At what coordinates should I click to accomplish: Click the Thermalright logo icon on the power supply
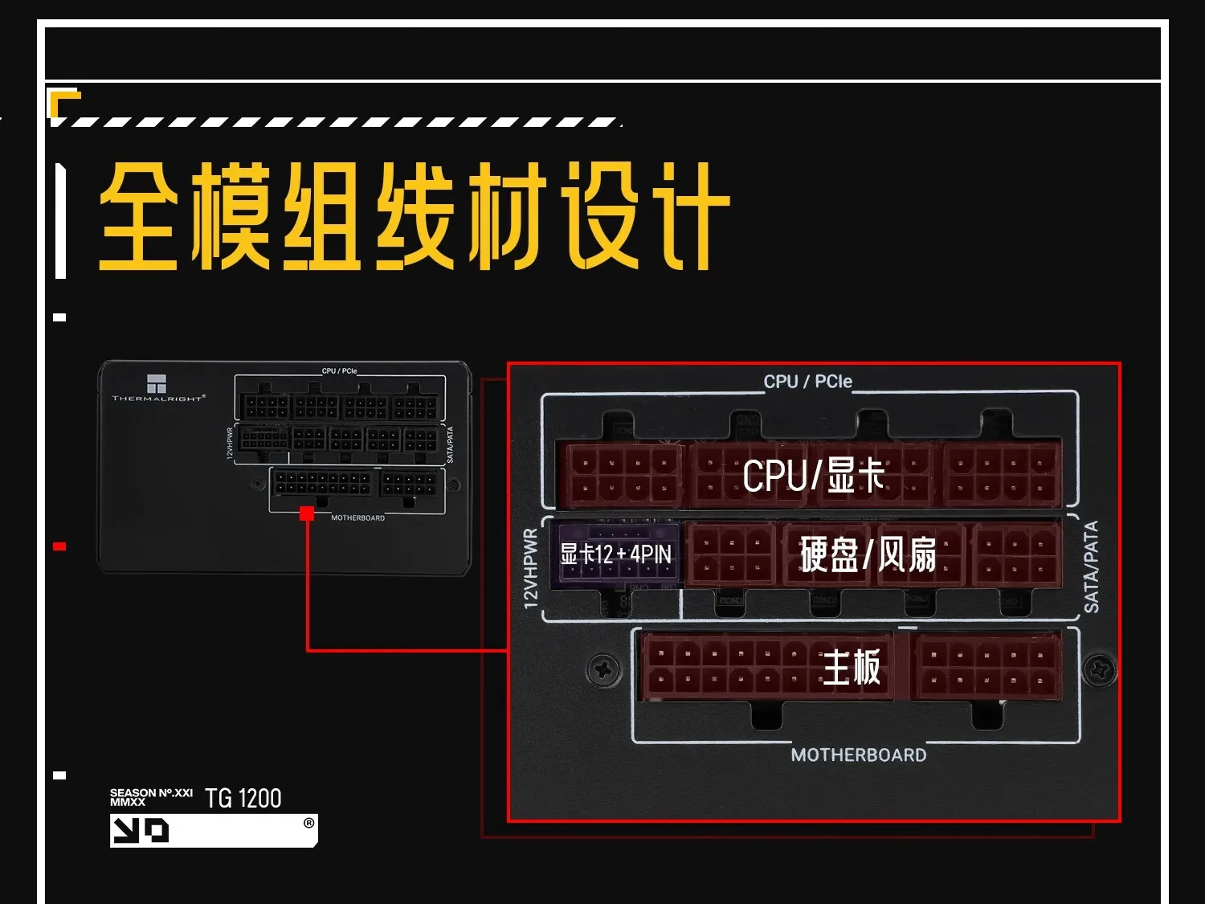point(157,383)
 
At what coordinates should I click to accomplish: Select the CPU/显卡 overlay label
point(813,475)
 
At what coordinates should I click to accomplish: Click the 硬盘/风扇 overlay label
point(868,554)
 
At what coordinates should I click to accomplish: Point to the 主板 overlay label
point(852,668)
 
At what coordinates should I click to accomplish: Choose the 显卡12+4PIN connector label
point(615,554)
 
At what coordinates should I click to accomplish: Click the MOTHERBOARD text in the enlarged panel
point(858,755)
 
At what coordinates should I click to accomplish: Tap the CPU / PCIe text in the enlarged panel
point(807,382)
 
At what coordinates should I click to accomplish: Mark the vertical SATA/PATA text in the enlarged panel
point(1091,567)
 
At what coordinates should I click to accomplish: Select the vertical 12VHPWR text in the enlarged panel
point(531,568)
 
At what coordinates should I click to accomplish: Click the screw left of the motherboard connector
point(603,669)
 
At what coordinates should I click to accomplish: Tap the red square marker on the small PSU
point(307,513)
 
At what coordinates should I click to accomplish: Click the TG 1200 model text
point(243,799)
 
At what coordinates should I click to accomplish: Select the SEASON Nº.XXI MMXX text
point(151,797)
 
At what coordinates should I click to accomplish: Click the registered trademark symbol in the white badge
point(308,823)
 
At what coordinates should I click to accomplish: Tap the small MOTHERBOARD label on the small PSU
point(357,518)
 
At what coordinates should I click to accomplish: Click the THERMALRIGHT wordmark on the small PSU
point(158,399)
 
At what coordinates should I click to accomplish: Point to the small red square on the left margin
point(59,546)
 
